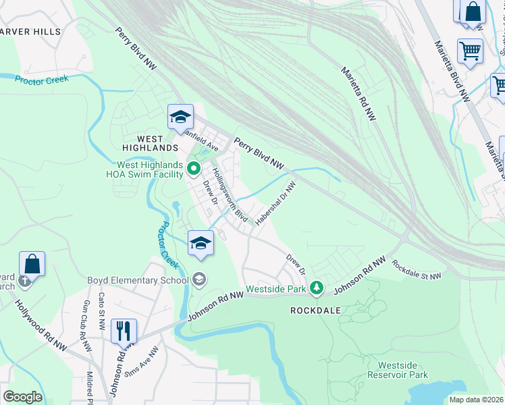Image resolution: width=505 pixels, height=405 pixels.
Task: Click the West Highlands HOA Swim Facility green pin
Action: (x=193, y=168)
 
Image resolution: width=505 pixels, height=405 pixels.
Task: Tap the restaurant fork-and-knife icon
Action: (x=122, y=331)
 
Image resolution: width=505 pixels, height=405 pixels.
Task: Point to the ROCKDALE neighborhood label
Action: (x=315, y=311)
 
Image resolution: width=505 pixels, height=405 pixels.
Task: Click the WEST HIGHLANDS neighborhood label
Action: (x=151, y=147)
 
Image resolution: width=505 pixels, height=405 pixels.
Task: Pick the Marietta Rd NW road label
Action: (x=358, y=93)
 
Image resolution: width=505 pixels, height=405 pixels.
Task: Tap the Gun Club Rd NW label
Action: (x=86, y=326)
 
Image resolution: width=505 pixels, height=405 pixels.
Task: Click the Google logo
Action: (x=22, y=397)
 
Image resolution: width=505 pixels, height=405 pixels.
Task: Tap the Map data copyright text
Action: (x=476, y=400)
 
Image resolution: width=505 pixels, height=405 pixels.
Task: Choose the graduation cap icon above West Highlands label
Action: (x=180, y=117)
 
